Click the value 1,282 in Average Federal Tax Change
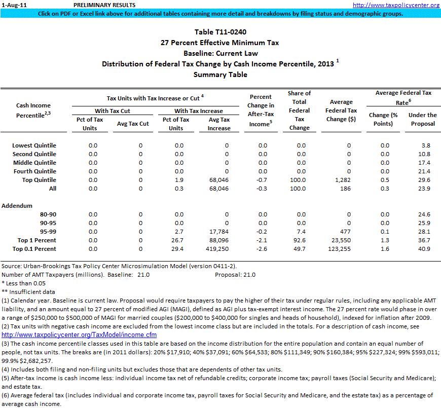click(x=343, y=180)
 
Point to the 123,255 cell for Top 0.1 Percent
click(x=341, y=249)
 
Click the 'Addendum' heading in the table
click(x=17, y=206)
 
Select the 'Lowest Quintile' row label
click(x=34, y=145)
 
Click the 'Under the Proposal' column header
click(x=422, y=119)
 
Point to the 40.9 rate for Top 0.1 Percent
click(x=424, y=249)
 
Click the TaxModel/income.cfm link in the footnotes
click(x=79, y=335)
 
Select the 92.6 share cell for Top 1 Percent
click(x=299, y=240)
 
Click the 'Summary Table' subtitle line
click(x=220, y=75)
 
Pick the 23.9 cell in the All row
click(x=424, y=189)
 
